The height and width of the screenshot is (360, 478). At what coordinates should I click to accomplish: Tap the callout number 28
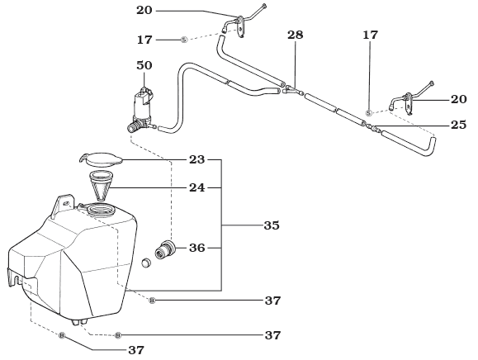coord(296,36)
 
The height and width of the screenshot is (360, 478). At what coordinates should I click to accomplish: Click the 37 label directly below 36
coord(272,301)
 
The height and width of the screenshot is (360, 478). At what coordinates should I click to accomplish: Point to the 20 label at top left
coord(144,11)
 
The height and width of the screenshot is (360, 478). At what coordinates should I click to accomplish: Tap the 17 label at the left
coord(144,39)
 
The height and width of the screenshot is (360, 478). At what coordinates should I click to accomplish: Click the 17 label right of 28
coord(369,36)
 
